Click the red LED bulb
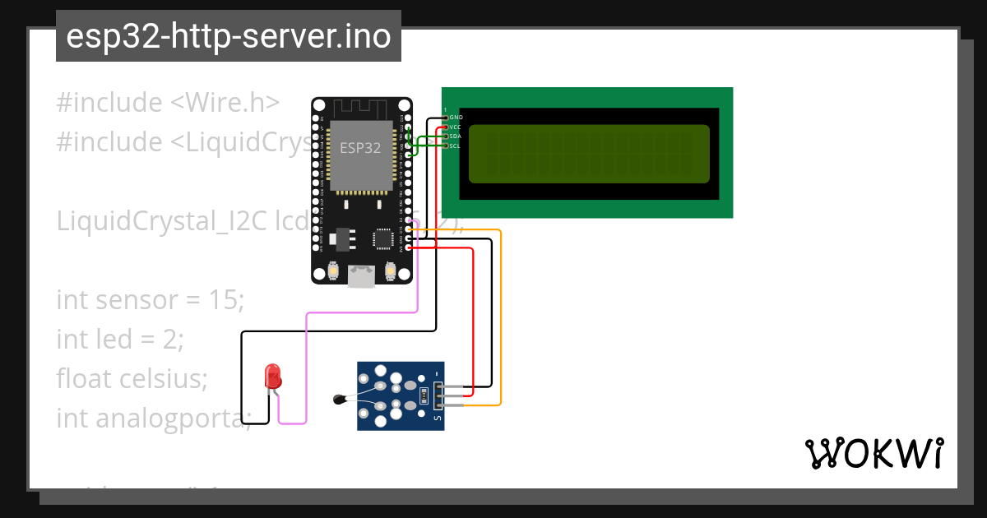click(x=272, y=377)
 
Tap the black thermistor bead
click(x=339, y=400)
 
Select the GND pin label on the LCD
click(x=456, y=118)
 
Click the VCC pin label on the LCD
click(x=456, y=127)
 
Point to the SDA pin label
click(x=456, y=136)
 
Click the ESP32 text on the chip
click(x=361, y=148)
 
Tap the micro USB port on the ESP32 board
click(x=361, y=276)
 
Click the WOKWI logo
click(x=873, y=453)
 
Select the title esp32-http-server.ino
click(x=228, y=36)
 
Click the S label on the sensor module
click(x=438, y=419)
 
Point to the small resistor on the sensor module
click(x=424, y=396)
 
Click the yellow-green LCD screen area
click(x=589, y=154)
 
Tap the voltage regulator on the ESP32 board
click(x=340, y=239)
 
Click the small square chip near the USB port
click(x=384, y=238)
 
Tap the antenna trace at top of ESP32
click(x=361, y=108)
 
